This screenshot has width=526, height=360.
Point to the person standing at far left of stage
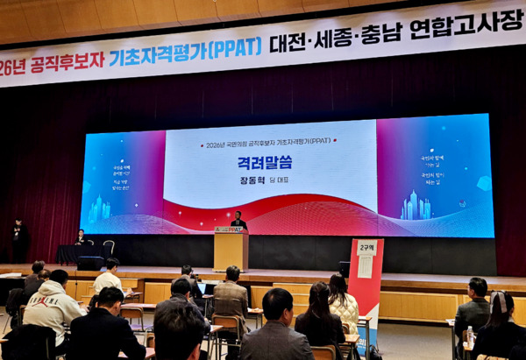point(19,239)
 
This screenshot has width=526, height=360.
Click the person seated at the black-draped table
point(81,237)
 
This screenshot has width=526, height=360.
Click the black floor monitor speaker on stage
point(90,263)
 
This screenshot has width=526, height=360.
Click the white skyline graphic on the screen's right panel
point(415,207)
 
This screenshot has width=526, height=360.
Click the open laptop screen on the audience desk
point(201,287)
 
